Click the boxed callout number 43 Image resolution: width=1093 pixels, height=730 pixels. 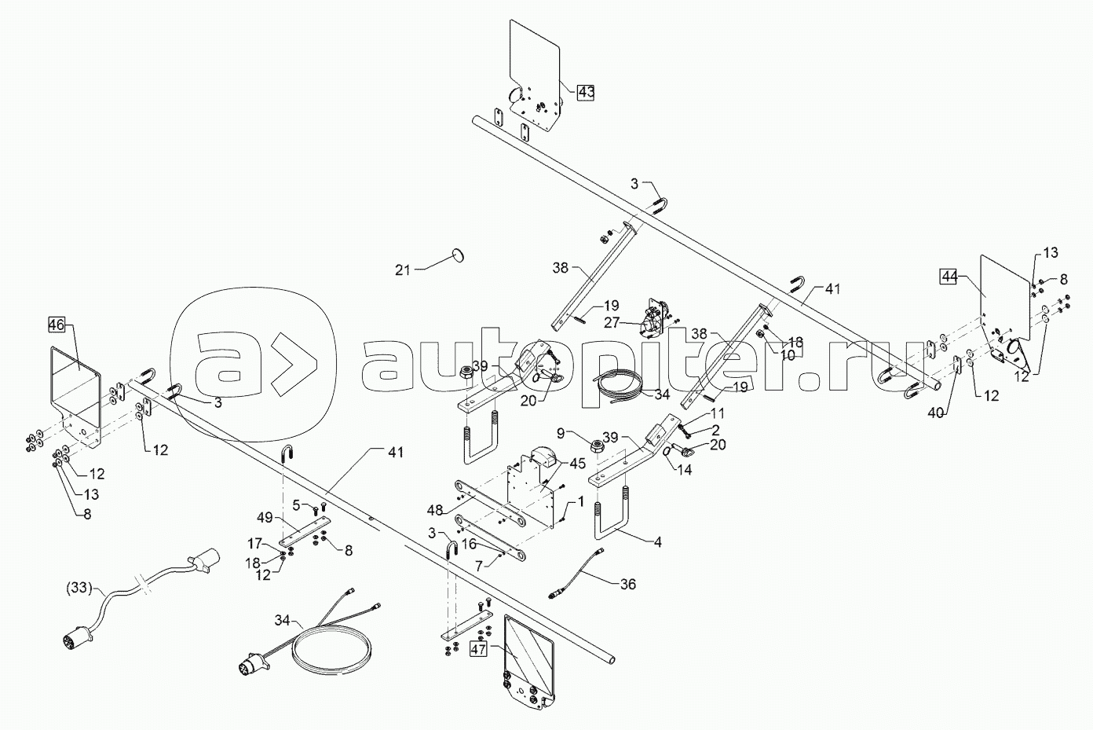(585, 93)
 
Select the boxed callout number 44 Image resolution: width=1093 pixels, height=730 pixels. (950, 276)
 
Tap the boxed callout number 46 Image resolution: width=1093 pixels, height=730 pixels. (57, 324)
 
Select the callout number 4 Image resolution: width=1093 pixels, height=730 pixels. (658, 541)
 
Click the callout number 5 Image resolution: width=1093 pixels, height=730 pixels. (297, 504)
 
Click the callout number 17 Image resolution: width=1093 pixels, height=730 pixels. (256, 542)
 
